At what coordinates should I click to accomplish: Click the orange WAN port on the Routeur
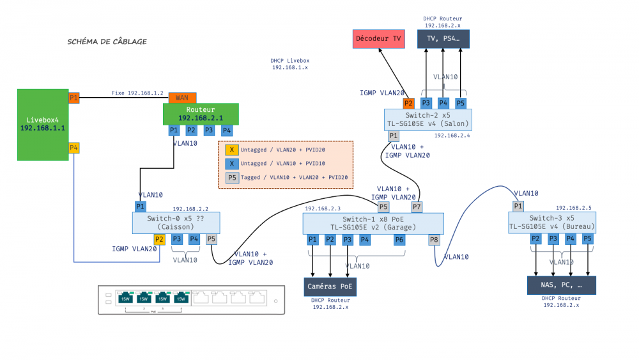click(x=182, y=98)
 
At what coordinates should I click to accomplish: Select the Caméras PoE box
click(x=330, y=287)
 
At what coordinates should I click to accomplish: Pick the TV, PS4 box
click(x=443, y=38)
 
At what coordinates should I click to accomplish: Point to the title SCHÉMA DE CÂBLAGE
click(x=107, y=42)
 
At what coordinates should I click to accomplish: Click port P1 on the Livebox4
click(x=74, y=98)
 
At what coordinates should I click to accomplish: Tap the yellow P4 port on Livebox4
click(x=74, y=148)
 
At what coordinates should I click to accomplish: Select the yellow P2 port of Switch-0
click(x=160, y=239)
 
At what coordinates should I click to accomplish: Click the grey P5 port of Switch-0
click(x=212, y=239)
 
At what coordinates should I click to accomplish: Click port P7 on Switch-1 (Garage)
click(x=417, y=207)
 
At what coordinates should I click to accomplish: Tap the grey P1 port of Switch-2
click(x=394, y=136)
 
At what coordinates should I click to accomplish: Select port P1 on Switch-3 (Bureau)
click(x=518, y=206)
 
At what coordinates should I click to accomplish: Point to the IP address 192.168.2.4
click(x=451, y=136)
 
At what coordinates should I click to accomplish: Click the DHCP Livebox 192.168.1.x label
click(x=290, y=64)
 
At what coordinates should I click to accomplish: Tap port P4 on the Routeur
click(x=227, y=130)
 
